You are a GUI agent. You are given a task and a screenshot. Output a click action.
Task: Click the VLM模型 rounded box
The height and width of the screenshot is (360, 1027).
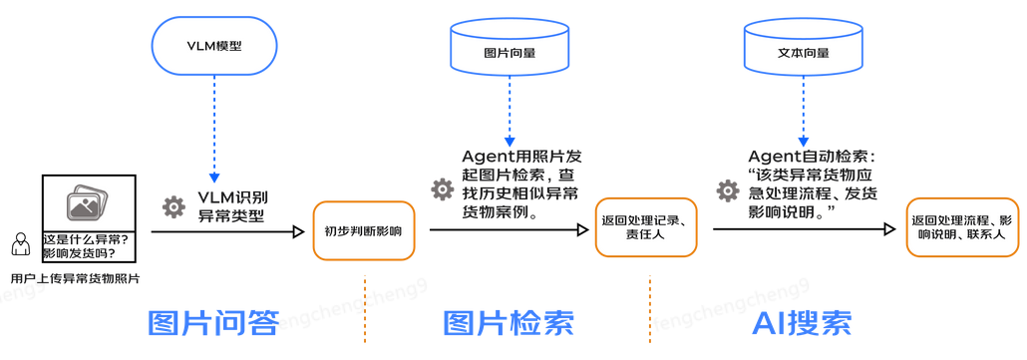(213, 46)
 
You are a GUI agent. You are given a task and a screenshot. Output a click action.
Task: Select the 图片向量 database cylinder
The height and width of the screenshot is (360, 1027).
(509, 51)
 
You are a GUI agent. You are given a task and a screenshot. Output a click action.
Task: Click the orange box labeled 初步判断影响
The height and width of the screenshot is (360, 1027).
(363, 231)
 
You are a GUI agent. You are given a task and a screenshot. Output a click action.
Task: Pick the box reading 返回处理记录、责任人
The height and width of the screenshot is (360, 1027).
(644, 227)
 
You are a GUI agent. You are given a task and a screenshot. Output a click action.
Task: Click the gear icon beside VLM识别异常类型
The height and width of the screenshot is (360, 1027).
(173, 207)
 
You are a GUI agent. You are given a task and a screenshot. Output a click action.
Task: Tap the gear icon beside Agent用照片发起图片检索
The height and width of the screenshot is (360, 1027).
(442, 189)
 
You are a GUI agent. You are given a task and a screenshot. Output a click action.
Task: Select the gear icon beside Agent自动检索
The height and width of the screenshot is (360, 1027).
(728, 188)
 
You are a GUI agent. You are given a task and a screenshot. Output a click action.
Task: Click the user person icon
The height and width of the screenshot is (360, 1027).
(20, 244)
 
